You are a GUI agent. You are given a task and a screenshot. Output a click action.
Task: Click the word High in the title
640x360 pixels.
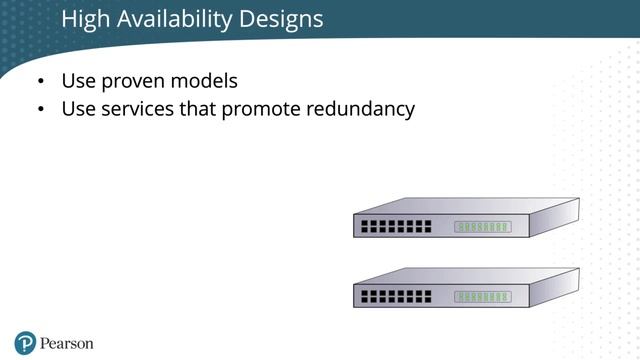click(x=84, y=19)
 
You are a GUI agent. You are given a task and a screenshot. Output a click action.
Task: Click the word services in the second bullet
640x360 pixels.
click(x=137, y=109)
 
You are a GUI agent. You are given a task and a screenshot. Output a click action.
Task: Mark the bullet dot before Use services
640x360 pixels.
click(x=40, y=110)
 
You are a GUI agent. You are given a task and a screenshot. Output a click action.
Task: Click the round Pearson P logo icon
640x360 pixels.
click(x=25, y=342)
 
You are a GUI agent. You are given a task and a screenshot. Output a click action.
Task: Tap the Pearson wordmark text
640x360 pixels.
click(x=67, y=343)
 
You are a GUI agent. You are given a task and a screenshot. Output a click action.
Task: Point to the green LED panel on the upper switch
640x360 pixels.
click(x=483, y=227)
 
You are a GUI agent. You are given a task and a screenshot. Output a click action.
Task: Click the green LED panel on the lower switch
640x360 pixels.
click(x=483, y=297)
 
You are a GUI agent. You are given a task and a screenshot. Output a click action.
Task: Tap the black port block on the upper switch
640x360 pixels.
click(x=396, y=227)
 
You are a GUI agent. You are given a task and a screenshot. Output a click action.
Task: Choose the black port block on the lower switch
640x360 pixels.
click(x=396, y=297)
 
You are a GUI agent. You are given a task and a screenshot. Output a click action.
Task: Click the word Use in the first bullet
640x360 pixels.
click(x=79, y=81)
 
